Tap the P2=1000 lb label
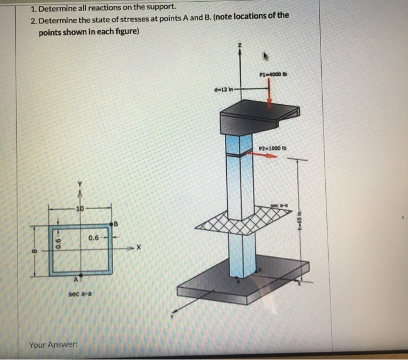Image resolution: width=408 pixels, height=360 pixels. pos(271,148)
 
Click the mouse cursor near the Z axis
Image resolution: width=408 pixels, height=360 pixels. pos(266,57)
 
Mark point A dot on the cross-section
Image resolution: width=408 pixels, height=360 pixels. pos(81,274)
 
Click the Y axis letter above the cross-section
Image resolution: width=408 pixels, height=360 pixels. pos(81,185)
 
